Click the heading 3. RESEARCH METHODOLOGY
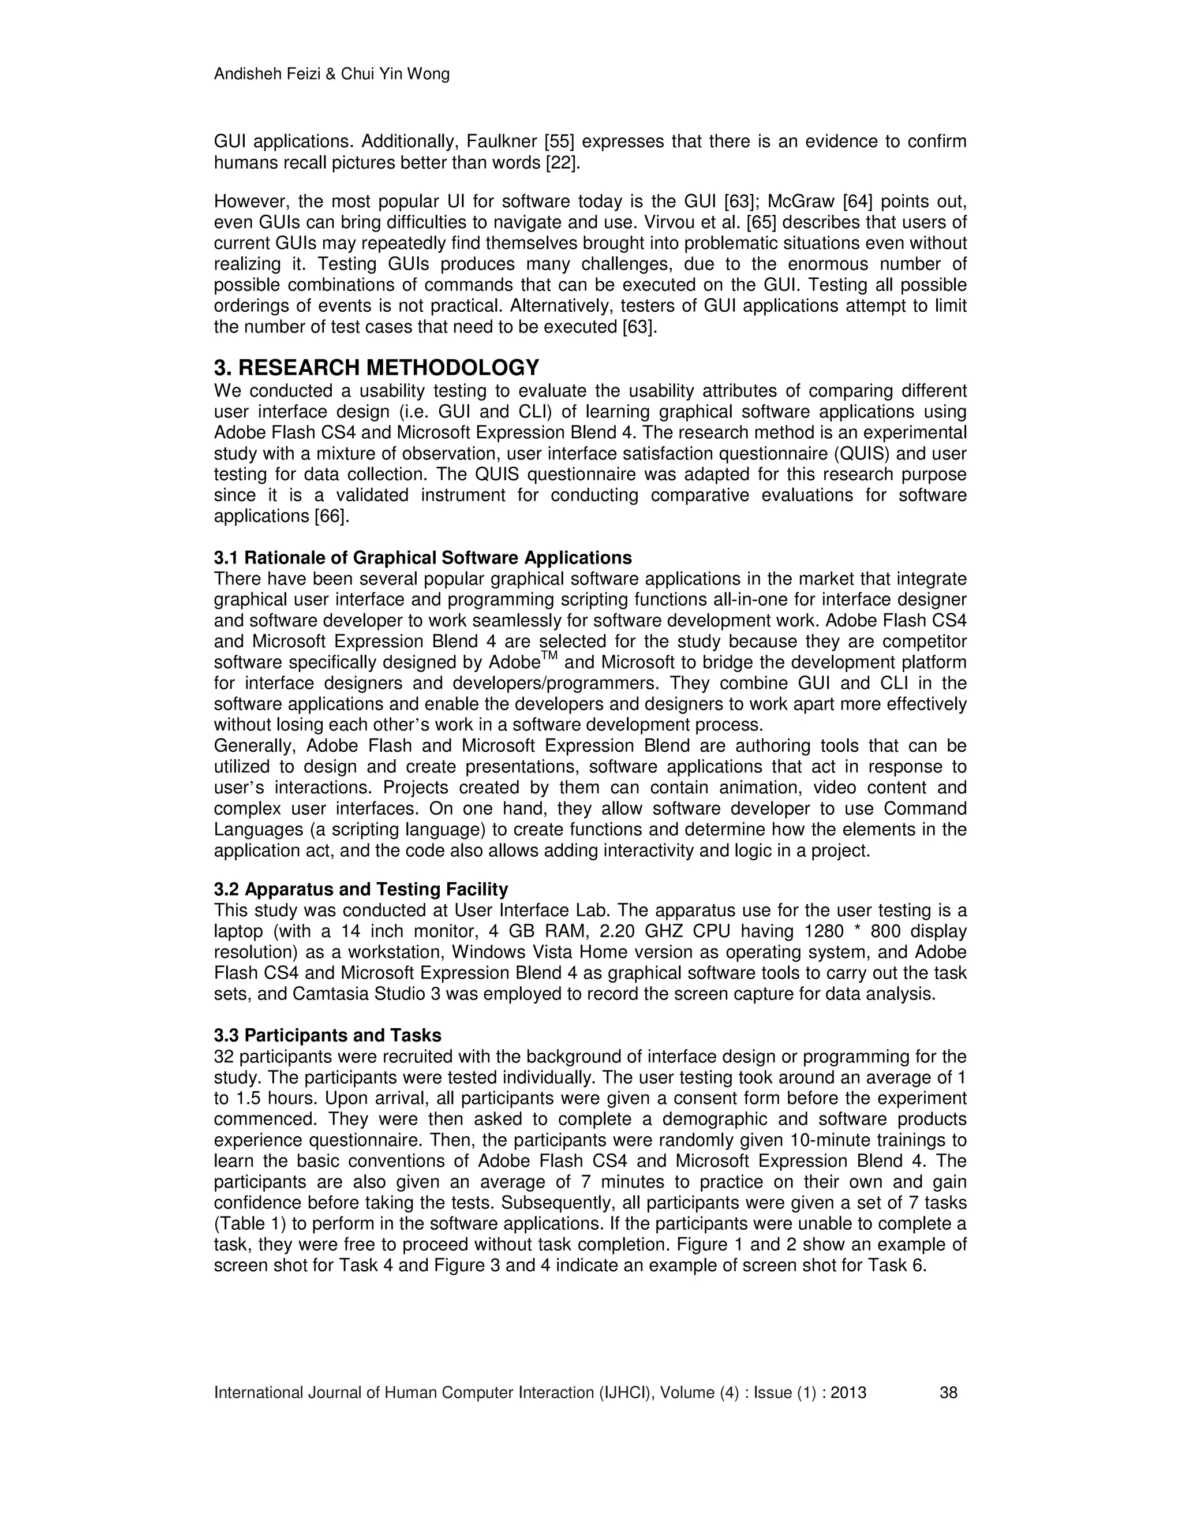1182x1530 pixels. click(x=376, y=367)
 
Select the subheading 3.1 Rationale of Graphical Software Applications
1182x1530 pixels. click(x=422, y=558)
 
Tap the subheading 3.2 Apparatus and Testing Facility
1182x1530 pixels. click(x=361, y=889)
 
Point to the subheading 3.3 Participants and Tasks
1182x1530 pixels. click(x=327, y=1035)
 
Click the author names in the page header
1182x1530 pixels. click(x=331, y=73)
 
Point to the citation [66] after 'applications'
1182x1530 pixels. click(x=332, y=516)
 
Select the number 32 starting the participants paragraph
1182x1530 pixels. click(x=224, y=1057)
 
